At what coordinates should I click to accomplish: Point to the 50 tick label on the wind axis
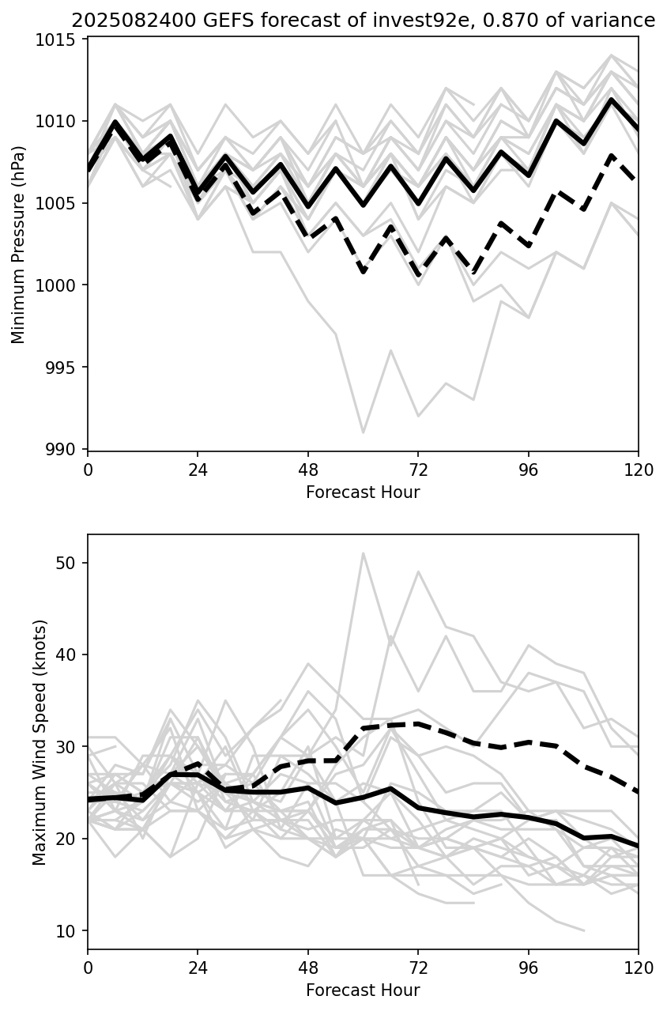(72, 564)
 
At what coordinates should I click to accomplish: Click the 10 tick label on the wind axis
(72, 930)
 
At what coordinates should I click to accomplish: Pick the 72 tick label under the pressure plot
(418, 470)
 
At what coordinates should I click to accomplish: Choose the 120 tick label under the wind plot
(639, 968)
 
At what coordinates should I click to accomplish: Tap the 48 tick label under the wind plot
(308, 968)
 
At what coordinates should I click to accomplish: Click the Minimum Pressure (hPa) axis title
(18, 244)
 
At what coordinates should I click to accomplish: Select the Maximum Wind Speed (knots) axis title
(40, 741)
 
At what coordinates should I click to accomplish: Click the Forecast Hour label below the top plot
(363, 492)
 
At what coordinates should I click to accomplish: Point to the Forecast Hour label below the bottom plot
(363, 990)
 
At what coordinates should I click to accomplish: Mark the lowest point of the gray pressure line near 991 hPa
(363, 432)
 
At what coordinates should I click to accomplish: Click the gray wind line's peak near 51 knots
(363, 553)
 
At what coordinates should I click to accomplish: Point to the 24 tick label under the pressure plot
(198, 470)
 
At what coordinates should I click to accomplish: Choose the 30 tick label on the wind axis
(72, 747)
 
